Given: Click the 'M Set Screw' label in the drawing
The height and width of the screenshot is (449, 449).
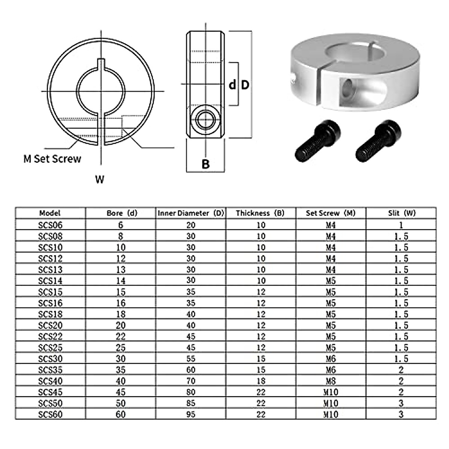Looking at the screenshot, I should point(52,159).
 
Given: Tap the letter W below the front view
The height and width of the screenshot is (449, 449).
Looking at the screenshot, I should point(100,180).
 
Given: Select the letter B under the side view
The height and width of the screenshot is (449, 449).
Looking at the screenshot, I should point(205,164).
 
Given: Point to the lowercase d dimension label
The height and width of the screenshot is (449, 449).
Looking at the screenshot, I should point(232,85).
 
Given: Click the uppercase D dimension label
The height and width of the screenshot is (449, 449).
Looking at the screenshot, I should point(245,85).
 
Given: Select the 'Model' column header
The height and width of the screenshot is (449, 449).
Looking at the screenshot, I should point(50,213).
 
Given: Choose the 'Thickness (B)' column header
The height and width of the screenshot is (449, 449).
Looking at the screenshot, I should point(260,213).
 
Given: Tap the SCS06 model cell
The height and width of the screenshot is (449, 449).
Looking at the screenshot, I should point(50,225).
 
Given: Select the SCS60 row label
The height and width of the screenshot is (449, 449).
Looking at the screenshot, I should point(50,414).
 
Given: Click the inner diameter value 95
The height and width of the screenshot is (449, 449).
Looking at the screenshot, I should point(191,414).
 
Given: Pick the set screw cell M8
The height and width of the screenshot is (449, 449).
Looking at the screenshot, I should point(331,381).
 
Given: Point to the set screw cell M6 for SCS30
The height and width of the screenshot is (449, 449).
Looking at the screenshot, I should point(331,359).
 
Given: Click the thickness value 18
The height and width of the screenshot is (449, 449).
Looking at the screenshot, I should point(261,381).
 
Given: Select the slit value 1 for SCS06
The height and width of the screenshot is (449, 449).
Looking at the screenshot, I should point(401,225).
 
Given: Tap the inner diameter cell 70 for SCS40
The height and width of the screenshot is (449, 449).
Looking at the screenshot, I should point(191,381).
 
